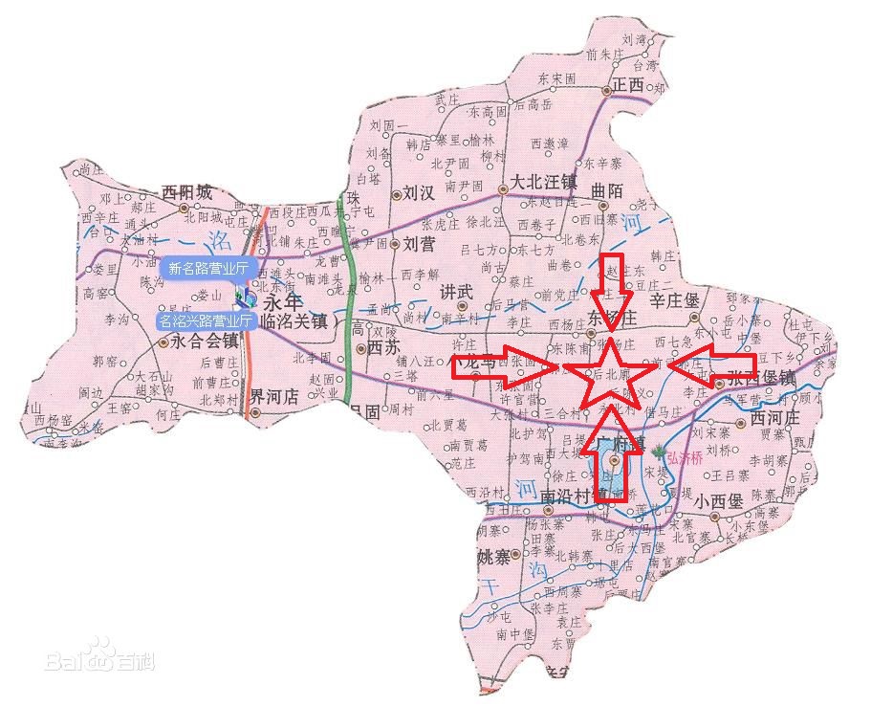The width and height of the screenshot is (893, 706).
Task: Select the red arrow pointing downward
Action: (611, 283)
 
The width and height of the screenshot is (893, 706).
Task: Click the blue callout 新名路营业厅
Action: (207, 269)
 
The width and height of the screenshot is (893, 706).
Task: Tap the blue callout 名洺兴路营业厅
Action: (207, 320)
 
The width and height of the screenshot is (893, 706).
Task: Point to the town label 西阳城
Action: (187, 192)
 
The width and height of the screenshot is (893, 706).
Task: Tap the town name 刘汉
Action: (420, 191)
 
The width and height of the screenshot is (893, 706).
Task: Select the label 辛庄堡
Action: (675, 299)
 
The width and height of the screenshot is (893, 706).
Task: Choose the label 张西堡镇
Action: (761, 379)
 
